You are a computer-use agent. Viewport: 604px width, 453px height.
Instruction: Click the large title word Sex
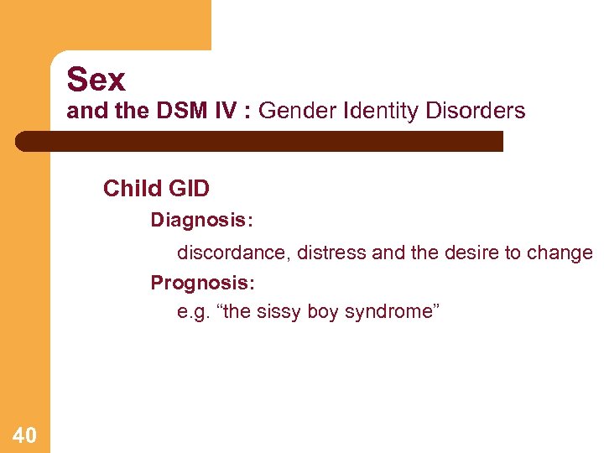click(x=96, y=80)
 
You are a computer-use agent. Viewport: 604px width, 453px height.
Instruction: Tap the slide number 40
click(x=24, y=435)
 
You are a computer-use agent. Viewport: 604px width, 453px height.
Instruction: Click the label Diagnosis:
click(x=201, y=221)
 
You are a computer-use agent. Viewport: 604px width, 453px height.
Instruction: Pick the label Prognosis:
click(x=201, y=283)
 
